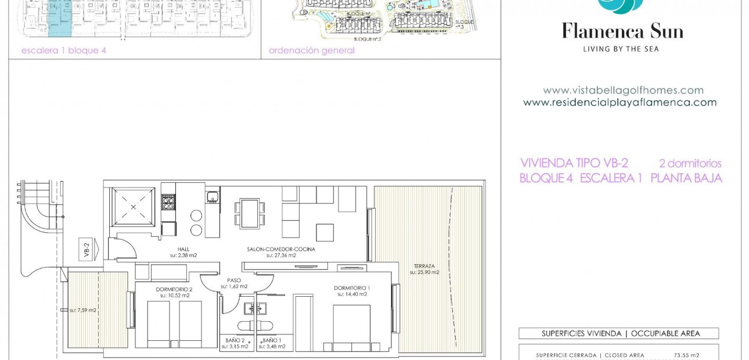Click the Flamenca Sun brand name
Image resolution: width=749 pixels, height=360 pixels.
click(622, 31)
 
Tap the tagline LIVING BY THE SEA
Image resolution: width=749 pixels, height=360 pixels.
click(621, 49)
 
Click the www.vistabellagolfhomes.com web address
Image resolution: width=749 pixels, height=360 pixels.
click(623, 91)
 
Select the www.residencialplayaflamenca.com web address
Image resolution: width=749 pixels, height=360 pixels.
click(620, 103)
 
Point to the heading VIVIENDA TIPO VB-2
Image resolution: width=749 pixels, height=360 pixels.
click(574, 164)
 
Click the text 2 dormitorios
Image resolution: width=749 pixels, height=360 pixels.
click(690, 164)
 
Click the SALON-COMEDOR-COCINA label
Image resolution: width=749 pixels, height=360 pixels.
click(281, 249)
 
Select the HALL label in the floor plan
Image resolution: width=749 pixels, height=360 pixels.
click(183, 249)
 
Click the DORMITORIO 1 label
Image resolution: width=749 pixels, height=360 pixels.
click(352, 288)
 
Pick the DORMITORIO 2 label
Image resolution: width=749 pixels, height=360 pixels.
click(174, 289)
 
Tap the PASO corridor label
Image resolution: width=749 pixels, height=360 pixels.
click(234, 280)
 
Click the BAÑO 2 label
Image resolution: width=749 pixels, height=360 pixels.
click(235, 341)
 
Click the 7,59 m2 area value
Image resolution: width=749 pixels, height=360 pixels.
click(83, 310)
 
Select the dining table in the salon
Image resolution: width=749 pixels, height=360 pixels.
click(250, 214)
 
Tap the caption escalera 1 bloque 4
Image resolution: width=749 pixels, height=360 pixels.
click(64, 51)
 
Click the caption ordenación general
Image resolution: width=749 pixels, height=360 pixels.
click(312, 51)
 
